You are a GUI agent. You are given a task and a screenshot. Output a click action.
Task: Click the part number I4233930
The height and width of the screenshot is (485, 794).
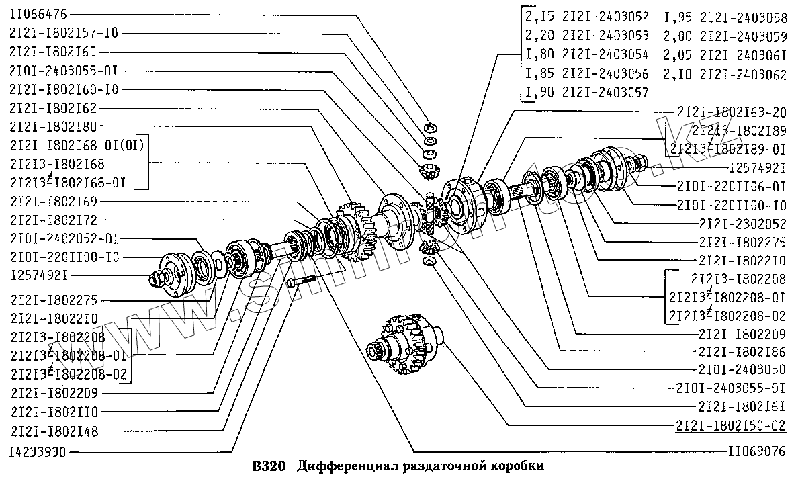click(x=38, y=451)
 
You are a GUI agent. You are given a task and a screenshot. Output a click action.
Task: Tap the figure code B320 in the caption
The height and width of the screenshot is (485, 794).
click(x=269, y=466)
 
